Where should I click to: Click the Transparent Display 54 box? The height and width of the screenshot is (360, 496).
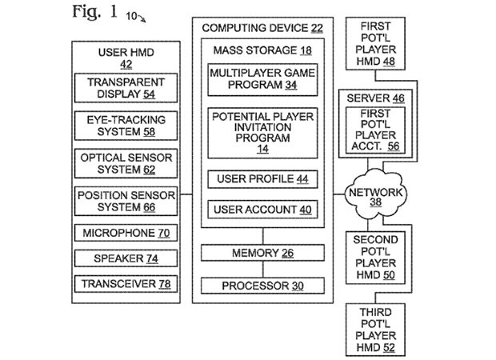(126, 87)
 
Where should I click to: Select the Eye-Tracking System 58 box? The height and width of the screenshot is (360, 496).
(126, 126)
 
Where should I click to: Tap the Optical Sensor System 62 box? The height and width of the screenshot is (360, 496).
(126, 164)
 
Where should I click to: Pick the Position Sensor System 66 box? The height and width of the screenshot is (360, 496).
(126, 202)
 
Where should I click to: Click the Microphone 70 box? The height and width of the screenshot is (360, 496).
(126, 234)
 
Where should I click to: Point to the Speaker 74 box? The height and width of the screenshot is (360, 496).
(126, 259)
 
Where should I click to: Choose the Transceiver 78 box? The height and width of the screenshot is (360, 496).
(126, 284)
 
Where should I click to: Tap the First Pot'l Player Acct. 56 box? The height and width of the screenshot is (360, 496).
(374, 130)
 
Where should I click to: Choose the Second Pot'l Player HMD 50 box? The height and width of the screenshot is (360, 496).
(374, 258)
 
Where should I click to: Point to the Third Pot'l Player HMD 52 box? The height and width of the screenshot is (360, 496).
(374, 327)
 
